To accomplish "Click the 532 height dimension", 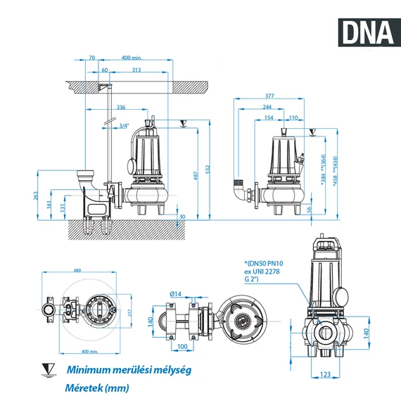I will click(209, 170).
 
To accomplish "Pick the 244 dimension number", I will click(268, 108).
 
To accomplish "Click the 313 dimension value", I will click(136, 70).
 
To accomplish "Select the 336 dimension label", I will click(120, 108).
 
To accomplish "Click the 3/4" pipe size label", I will click(125, 126).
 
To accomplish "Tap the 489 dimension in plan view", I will click(77, 270).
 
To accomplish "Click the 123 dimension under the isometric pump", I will click(324, 376).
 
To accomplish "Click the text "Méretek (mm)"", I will click(98, 387).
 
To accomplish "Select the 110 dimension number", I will click(293, 117).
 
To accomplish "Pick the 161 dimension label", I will click(49, 203).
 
